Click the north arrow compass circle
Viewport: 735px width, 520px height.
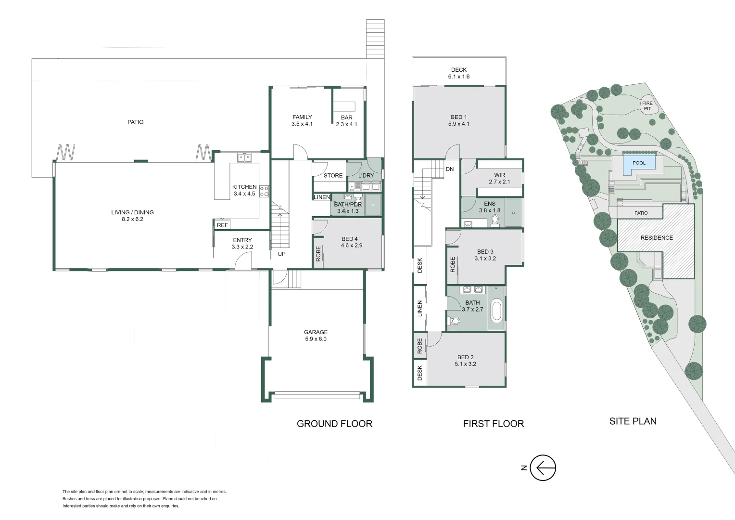coord(543,468)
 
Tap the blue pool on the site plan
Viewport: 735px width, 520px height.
coord(639,163)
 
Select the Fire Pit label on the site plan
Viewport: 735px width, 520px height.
coord(647,106)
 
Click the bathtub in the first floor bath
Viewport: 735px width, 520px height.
coord(496,311)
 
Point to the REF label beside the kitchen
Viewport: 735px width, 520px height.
coord(222,225)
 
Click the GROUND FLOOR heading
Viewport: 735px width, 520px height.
coord(334,424)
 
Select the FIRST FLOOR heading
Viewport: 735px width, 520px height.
coord(493,424)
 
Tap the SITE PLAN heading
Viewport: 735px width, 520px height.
coord(633,421)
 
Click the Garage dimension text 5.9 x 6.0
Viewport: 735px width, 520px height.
coord(316,339)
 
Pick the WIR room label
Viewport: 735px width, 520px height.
coord(499,175)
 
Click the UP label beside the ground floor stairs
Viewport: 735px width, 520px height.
coord(281,254)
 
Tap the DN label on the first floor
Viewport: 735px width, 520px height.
coord(450,169)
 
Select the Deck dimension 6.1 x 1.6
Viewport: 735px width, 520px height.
coord(459,77)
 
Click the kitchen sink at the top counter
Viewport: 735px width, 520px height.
coord(244,158)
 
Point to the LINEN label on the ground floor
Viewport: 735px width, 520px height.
coord(322,197)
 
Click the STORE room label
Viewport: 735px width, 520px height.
coord(333,176)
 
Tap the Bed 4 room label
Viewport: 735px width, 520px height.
coord(350,239)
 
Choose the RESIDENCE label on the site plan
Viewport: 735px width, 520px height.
coord(657,238)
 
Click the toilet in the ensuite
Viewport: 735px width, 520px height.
coord(495,221)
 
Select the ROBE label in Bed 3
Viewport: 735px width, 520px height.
coord(453,264)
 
